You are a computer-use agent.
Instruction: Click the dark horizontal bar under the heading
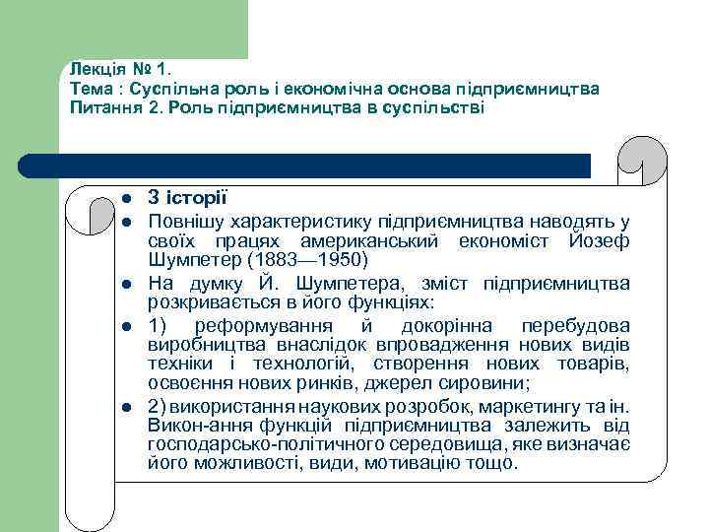point(315,166)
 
